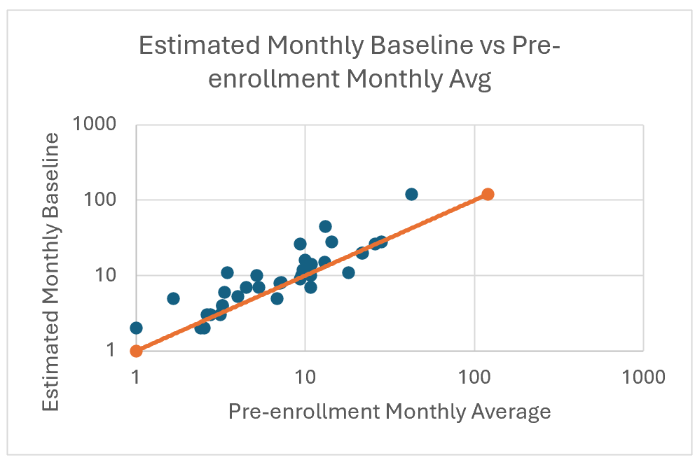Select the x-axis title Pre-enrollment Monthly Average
pyautogui.click(x=390, y=412)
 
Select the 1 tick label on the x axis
pyautogui.click(x=136, y=377)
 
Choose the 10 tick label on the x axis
pyautogui.click(x=305, y=377)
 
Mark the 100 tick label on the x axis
pyautogui.click(x=474, y=377)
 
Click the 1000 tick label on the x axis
pyautogui.click(x=643, y=377)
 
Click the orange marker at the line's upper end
pyautogui.click(x=488, y=194)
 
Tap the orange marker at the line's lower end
pyautogui.click(x=136, y=351)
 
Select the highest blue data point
pyautogui.click(x=411, y=194)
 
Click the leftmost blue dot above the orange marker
pyautogui.click(x=136, y=328)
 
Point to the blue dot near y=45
pyautogui.click(x=325, y=226)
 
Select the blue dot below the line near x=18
pyautogui.click(x=348, y=272)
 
